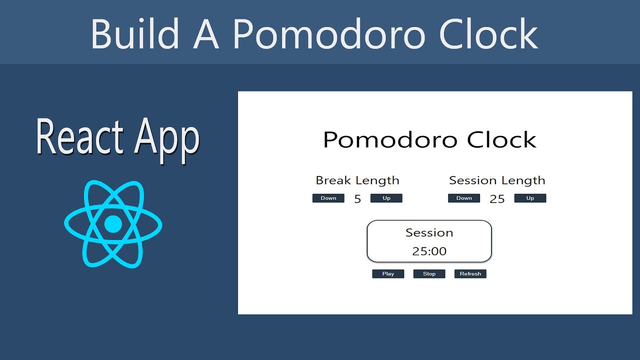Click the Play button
click(x=388, y=274)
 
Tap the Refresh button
click(x=470, y=274)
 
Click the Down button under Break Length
click(x=328, y=198)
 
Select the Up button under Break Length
click(x=386, y=198)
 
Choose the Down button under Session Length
click(x=464, y=198)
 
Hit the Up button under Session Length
click(x=530, y=198)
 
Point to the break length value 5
click(x=357, y=199)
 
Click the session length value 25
click(x=497, y=199)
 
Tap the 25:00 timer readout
click(x=429, y=251)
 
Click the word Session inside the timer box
click(x=429, y=233)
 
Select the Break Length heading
click(x=357, y=180)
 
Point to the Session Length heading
click(x=497, y=180)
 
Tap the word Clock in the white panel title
click(x=501, y=139)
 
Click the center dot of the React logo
click(x=113, y=224)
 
